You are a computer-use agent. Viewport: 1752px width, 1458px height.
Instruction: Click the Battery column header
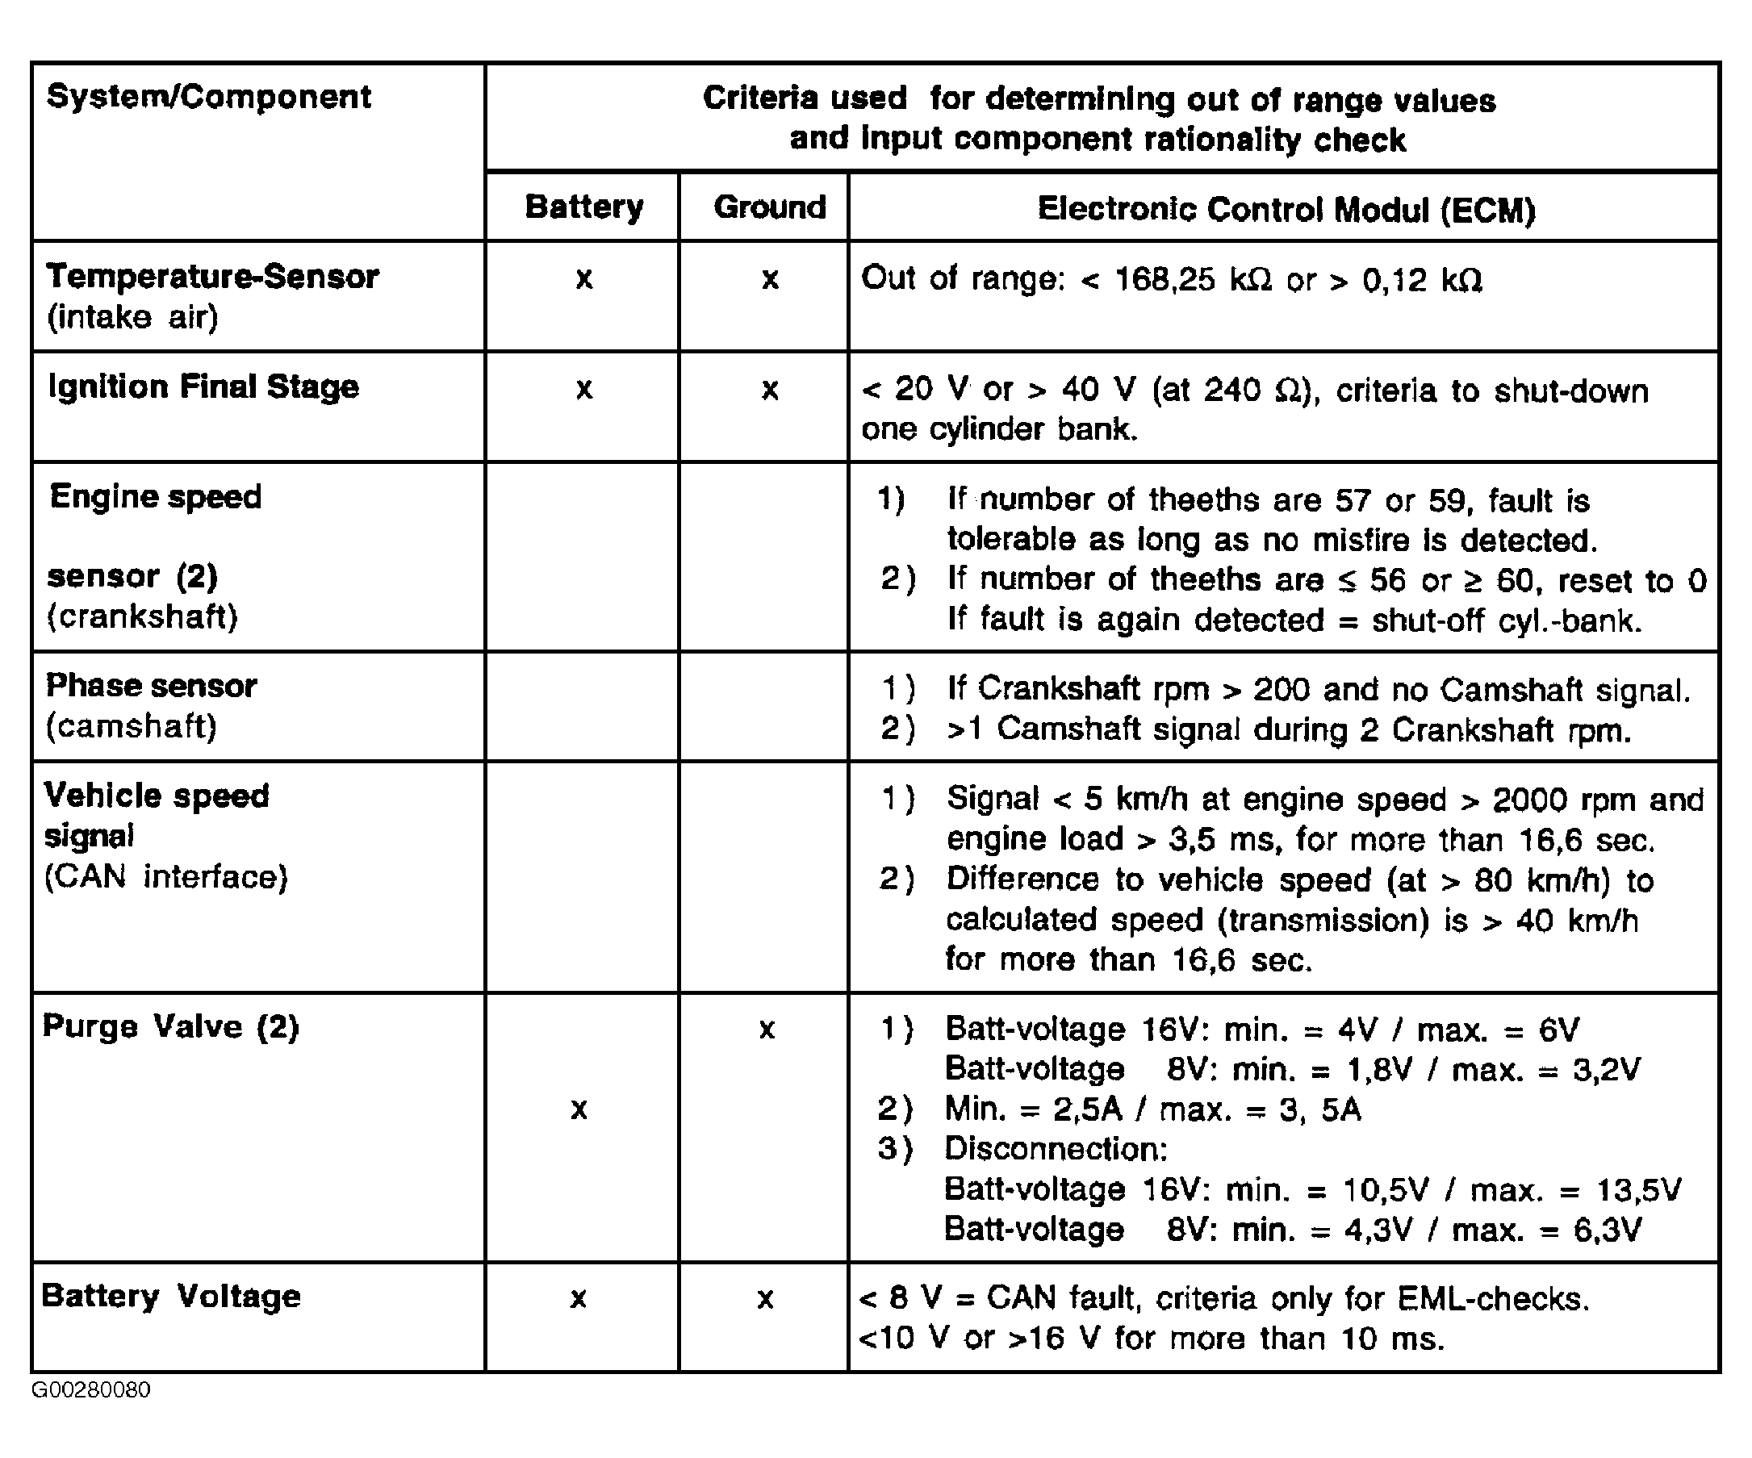(584, 207)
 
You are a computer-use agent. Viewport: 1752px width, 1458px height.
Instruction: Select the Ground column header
(769, 207)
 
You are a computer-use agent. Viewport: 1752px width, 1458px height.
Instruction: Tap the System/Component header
(208, 98)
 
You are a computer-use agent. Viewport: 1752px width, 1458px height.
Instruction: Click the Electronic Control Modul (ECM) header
(1286, 209)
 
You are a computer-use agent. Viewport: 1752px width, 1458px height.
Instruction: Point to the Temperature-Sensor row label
(212, 277)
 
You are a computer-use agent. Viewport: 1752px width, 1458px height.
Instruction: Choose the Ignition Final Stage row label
(203, 387)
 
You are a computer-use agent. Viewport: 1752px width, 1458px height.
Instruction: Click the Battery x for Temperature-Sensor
(584, 278)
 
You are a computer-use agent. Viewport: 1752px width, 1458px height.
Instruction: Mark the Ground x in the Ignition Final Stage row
(769, 390)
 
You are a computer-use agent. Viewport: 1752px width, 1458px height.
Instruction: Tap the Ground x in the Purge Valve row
(767, 1030)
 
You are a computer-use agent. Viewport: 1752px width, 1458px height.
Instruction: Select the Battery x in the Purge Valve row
(579, 1109)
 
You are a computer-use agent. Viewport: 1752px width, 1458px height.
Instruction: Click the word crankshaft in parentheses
(142, 617)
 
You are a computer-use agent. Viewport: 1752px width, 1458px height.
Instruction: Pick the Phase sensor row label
(151, 687)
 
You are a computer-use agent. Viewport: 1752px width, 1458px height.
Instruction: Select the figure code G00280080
(91, 1390)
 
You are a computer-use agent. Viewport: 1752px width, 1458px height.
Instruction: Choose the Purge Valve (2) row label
(170, 1027)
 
